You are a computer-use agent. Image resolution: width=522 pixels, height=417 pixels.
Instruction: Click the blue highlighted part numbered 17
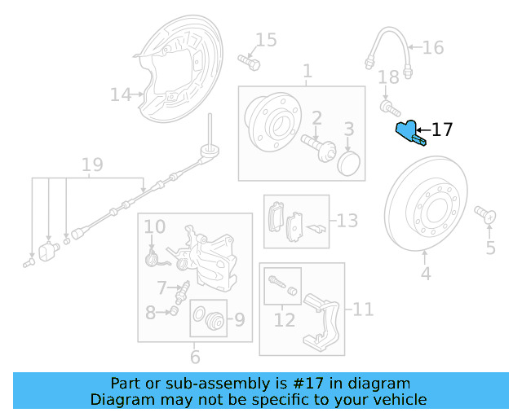point(407,132)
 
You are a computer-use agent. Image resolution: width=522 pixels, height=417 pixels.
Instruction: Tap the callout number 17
point(441,129)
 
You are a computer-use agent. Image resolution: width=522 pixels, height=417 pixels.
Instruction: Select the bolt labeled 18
point(388,106)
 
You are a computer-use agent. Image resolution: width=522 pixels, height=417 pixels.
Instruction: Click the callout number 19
point(92,165)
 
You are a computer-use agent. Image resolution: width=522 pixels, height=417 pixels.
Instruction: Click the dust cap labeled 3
point(347,161)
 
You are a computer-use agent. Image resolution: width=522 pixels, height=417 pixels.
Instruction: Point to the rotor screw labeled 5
point(486,214)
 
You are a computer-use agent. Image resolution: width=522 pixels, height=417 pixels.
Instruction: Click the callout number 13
point(347,221)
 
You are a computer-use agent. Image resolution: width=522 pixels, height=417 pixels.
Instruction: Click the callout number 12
point(284,320)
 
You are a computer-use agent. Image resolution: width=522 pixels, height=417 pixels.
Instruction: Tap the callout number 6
point(195,357)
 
